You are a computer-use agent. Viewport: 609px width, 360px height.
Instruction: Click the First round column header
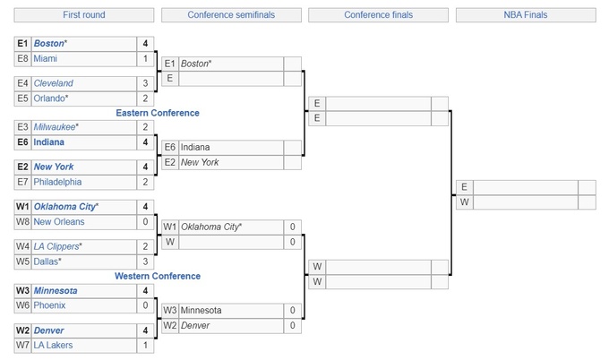(84, 15)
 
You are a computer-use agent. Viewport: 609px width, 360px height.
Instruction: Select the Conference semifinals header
(231, 15)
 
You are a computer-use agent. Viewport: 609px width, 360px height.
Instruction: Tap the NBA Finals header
(525, 15)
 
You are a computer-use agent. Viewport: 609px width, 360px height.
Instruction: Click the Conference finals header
(378, 15)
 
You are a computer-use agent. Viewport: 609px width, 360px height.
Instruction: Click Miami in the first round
(46, 59)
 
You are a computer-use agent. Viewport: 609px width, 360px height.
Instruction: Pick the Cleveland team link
(54, 83)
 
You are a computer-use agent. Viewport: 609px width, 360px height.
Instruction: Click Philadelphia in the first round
(57, 182)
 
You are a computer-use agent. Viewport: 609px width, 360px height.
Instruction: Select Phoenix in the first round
(50, 305)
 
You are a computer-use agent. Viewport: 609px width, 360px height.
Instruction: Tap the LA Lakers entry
(53, 345)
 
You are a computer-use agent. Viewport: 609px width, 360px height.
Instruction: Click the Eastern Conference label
(158, 113)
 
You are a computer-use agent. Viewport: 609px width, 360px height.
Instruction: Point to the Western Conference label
(158, 276)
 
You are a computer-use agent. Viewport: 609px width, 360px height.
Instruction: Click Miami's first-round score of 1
(145, 59)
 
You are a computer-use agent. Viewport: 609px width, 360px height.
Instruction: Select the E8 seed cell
(22, 59)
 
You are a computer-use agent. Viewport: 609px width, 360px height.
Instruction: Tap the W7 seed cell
(22, 345)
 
